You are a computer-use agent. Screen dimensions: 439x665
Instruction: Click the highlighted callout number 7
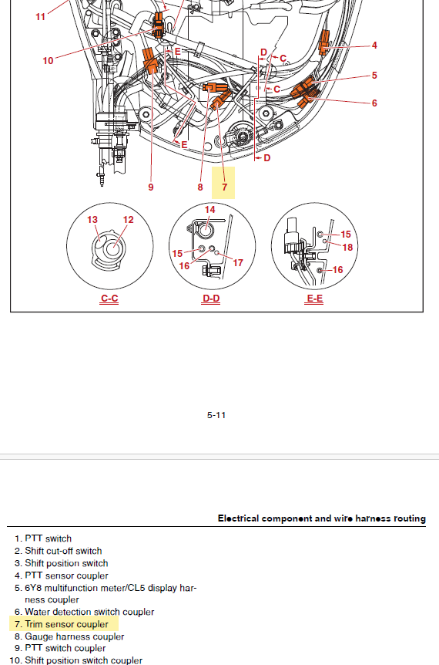[224, 187]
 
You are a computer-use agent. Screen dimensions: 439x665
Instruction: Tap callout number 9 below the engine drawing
[151, 187]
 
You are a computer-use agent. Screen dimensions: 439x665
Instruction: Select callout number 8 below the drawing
[200, 187]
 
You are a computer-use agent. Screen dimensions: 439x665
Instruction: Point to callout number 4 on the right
[374, 46]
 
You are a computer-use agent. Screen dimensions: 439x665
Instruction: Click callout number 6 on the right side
[374, 103]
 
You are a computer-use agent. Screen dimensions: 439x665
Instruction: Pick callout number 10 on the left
[48, 61]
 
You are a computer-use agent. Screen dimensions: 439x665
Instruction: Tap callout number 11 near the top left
[40, 17]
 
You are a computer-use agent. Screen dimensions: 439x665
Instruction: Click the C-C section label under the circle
[109, 299]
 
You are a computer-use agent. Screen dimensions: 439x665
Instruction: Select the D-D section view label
[211, 299]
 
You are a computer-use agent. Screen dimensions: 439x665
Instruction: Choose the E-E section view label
[314, 299]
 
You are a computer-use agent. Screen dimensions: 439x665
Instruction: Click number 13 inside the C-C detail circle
[92, 220]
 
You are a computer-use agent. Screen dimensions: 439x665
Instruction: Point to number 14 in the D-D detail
[210, 210]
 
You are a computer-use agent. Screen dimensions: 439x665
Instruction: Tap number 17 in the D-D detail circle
[238, 263]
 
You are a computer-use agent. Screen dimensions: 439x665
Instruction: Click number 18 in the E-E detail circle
[347, 248]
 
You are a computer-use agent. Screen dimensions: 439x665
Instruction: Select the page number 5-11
[216, 415]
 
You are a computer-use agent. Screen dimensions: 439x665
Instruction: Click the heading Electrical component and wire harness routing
[322, 518]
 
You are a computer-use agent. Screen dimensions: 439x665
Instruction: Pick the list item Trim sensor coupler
[66, 624]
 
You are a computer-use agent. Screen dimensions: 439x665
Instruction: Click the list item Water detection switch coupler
[89, 612]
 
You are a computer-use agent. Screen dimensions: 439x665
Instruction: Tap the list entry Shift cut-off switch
[63, 551]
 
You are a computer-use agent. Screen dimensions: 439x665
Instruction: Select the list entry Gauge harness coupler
[75, 636]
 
